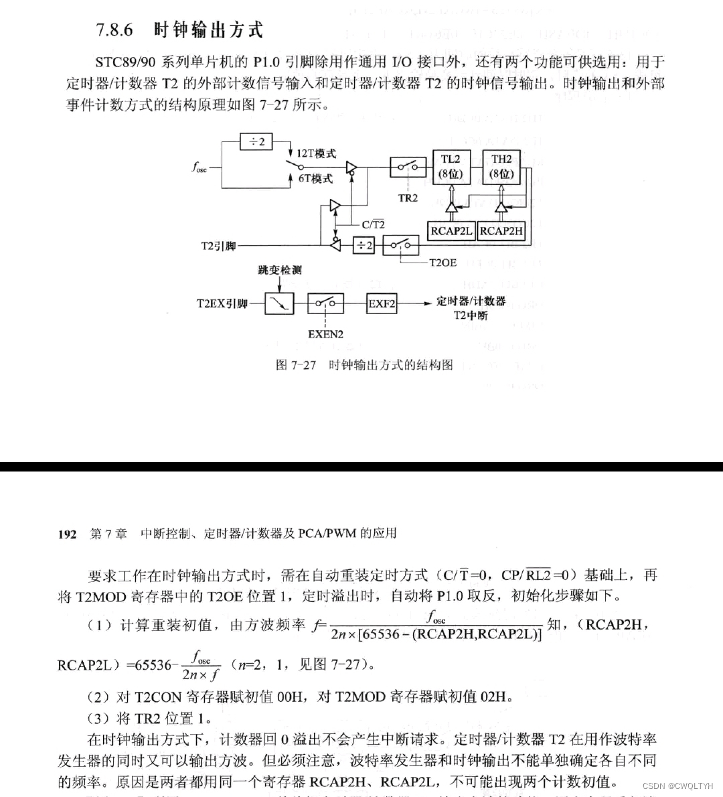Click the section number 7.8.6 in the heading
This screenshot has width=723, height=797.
114,30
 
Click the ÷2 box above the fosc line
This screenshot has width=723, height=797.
257,142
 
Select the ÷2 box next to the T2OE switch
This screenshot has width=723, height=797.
364,246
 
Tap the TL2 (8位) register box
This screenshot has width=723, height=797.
451,167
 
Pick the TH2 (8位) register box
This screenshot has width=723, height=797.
501,167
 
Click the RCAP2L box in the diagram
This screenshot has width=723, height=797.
451,231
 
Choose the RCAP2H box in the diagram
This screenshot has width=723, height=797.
501,231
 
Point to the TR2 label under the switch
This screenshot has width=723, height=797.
408,198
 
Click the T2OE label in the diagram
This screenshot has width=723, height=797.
442,263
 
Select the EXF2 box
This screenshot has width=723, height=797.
382,303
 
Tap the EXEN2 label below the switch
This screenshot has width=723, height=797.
326,334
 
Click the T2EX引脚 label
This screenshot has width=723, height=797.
222,303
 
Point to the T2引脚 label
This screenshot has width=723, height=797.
219,246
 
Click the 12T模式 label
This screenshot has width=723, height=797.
316,153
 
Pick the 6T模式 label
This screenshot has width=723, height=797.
315,178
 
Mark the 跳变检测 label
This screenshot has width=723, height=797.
280,270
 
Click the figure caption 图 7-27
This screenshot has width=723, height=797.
295,365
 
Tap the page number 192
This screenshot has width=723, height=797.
67,534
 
